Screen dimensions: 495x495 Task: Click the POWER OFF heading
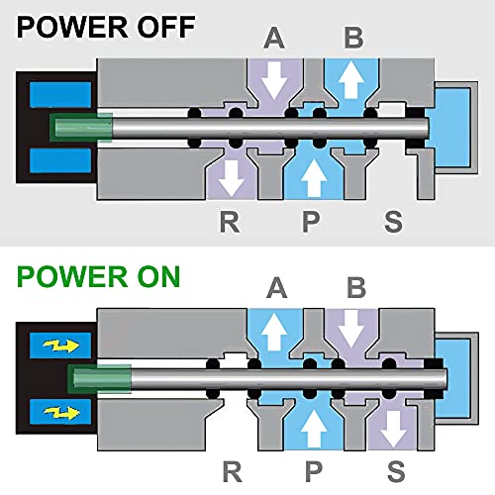106,27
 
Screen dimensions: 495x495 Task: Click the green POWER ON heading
99,276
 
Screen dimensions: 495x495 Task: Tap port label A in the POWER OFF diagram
274,38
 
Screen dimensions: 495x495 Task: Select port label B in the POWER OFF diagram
353,38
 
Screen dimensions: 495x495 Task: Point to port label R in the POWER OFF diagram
230,222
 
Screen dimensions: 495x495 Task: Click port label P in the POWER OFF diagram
311,222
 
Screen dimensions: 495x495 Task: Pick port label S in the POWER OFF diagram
394,222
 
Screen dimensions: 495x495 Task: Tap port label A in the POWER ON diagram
276,288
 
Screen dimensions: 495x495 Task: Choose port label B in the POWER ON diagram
356,288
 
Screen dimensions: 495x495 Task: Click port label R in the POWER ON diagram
233,471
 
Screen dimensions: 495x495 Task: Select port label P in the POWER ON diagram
314,471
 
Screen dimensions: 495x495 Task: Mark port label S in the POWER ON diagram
396,471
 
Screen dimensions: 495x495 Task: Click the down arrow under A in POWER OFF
274,81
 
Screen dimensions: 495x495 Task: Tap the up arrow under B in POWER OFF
351,79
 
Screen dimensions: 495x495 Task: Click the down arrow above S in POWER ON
393,430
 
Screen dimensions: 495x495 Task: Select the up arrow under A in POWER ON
274,332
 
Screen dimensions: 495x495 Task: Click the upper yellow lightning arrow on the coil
61,346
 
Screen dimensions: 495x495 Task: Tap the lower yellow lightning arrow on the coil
61,413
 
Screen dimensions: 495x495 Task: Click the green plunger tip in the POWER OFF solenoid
81,128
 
